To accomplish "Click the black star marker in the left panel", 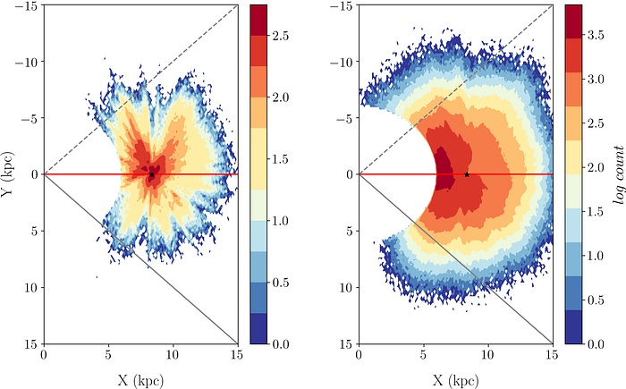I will pyautogui.click(x=151, y=174).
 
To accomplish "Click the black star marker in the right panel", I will pyautogui.click(x=467, y=174).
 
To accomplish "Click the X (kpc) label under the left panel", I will pyautogui.click(x=140, y=378).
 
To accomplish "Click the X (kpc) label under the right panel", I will pyautogui.click(x=455, y=378).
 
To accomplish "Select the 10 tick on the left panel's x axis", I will pyautogui.click(x=173, y=355).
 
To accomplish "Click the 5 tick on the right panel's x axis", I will pyautogui.click(x=423, y=355).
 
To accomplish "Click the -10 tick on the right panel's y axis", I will pyautogui.click(x=341, y=62).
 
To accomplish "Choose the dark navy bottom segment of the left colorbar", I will pyautogui.click(x=259, y=328).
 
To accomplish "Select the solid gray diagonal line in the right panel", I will pyautogui.click(x=501, y=295).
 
